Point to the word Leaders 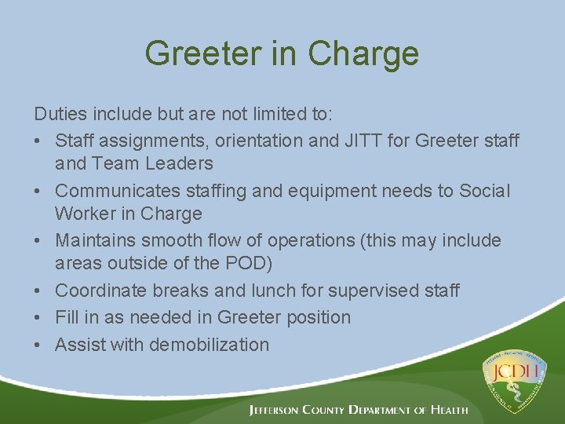[x=180, y=163]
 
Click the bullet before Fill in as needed [x=40, y=318]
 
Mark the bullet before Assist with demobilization [x=40, y=345]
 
